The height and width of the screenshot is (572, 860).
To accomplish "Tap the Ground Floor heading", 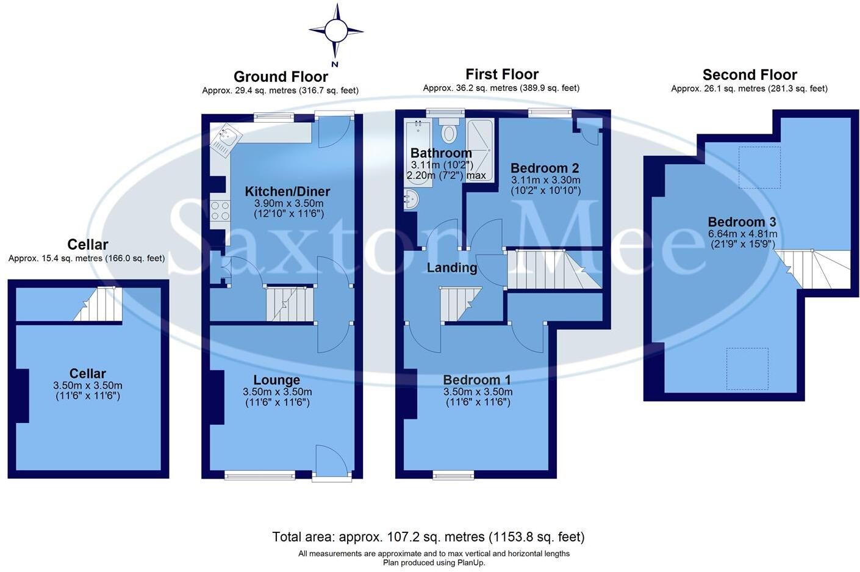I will coord(281,77).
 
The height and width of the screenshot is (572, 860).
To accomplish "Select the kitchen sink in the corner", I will coord(223,139).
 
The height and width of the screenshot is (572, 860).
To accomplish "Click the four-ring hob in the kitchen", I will coord(220,211).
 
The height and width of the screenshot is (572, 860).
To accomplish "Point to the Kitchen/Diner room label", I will coord(287,192).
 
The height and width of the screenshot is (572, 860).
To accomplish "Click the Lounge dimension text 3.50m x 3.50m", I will coord(277,392).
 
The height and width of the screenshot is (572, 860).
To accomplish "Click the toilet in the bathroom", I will coord(450,131).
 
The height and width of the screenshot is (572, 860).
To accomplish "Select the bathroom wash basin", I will coord(410,199).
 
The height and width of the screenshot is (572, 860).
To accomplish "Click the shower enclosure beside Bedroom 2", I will coord(480,143).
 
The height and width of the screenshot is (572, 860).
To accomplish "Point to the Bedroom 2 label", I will coord(545,168).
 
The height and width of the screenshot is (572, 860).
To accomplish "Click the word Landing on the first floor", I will coord(451,267).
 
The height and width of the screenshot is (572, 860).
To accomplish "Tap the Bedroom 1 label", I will coord(477,380).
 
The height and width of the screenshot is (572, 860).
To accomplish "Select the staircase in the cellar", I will coord(99,304).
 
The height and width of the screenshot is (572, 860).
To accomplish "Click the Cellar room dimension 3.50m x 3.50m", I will coord(88,386).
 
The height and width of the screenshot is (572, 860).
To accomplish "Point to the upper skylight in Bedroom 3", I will coord(759,167).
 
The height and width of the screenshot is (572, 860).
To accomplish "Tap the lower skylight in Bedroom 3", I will coord(747,368).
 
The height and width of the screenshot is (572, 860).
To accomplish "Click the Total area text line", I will coord(428,537).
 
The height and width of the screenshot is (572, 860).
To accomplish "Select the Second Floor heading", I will coord(750,75).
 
